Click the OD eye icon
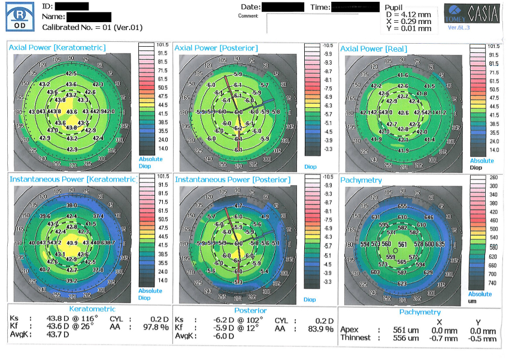(x=19, y=16)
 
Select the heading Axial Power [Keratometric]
(x=57, y=47)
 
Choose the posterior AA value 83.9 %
(x=321, y=329)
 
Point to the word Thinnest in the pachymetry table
(x=356, y=338)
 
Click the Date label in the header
(x=250, y=7)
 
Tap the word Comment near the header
(x=247, y=16)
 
